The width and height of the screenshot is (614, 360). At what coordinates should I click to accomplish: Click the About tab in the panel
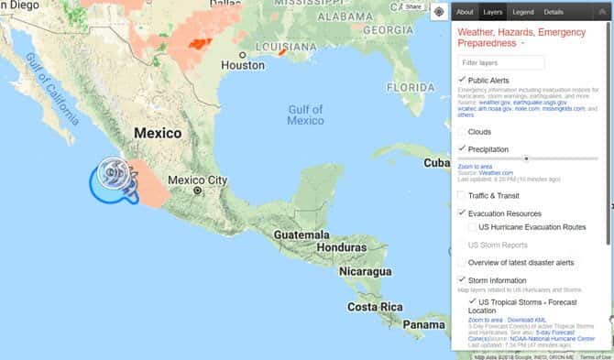coord(465,12)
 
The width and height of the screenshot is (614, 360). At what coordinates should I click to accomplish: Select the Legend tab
coord(522,12)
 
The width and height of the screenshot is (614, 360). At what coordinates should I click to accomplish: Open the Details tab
coord(554,12)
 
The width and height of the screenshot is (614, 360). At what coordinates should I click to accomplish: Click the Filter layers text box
coord(501,62)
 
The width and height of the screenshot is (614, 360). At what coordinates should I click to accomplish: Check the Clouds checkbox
coord(462,132)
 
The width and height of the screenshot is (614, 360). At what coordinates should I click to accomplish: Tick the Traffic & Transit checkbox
coord(462,196)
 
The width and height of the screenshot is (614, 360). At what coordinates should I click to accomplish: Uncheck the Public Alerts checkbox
coord(462,81)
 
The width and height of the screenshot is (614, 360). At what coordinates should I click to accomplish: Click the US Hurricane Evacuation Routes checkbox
coord(472,226)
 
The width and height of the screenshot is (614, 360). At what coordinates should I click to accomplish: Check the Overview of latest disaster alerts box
coord(462,263)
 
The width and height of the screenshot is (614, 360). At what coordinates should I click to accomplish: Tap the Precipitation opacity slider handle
coord(526,158)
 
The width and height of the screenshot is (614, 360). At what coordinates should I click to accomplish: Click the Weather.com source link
coord(496,172)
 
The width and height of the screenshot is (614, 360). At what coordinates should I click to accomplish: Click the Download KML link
coord(520,320)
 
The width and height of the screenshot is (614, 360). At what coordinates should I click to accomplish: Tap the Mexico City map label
coord(198,180)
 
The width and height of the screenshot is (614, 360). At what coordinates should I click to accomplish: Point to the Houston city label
coord(243,66)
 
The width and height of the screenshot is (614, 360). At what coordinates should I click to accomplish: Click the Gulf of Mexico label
coord(305,115)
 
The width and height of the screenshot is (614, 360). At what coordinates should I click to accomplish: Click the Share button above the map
coord(412,6)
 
